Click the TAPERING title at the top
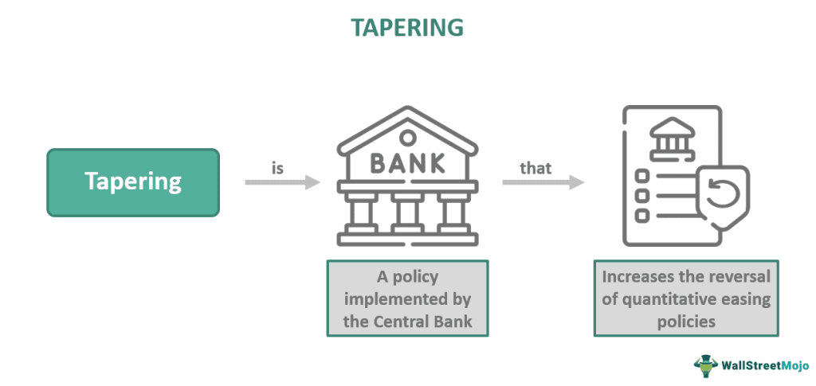click(x=407, y=27)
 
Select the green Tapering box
click(x=133, y=182)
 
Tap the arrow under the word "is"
click(x=282, y=183)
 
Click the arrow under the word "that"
click(x=543, y=183)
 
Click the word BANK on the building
click(x=407, y=162)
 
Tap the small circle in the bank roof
click(x=407, y=138)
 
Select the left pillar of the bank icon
click(x=363, y=218)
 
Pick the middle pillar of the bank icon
click(x=407, y=218)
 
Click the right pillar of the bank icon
click(x=452, y=218)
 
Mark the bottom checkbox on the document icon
click(x=640, y=216)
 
